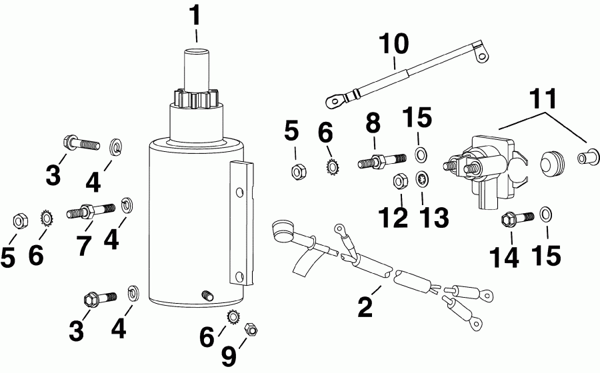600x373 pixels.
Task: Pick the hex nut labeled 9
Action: point(252,328)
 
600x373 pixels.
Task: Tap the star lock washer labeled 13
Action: point(422,179)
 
